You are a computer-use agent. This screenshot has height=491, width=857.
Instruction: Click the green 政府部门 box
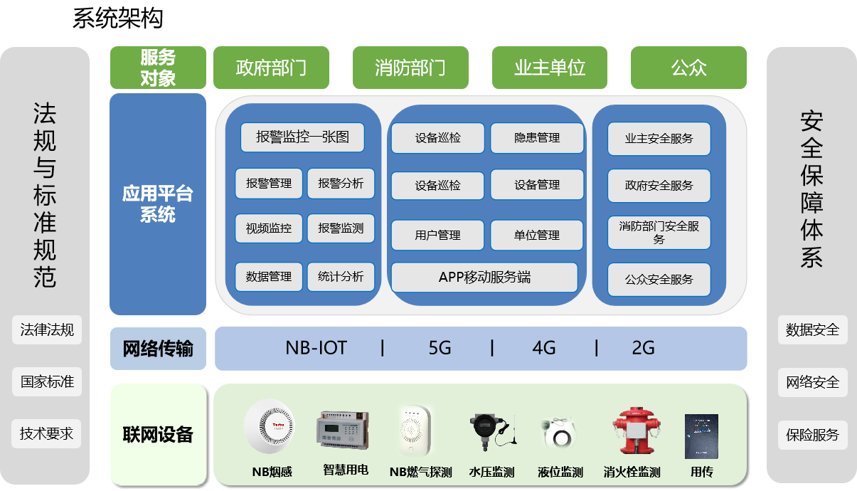[x=271, y=68]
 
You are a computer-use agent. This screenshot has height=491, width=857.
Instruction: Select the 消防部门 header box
[x=410, y=68]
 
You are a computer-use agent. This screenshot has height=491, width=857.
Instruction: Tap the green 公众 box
[x=688, y=68]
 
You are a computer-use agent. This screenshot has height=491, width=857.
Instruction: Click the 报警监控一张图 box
[x=303, y=137]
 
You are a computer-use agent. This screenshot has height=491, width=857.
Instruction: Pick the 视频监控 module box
[x=269, y=228]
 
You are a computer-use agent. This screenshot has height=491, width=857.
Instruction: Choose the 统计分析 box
[x=341, y=276]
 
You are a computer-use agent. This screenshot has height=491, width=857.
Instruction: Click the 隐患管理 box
[x=537, y=138]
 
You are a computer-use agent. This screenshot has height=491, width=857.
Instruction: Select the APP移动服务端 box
[x=484, y=277]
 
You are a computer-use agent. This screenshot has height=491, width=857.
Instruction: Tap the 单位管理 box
[x=537, y=235]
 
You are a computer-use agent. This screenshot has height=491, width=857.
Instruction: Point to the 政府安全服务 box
[x=659, y=186]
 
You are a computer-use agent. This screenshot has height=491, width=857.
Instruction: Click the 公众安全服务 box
[x=659, y=280]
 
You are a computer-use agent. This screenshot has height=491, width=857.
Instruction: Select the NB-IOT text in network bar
[x=316, y=348]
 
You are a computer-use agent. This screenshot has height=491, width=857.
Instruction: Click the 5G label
[x=440, y=348]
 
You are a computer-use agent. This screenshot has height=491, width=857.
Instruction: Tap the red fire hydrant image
[x=632, y=431]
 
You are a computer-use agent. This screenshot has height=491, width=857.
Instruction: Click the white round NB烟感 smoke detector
[x=268, y=427]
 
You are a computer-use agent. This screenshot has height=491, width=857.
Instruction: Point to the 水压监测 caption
[x=491, y=472]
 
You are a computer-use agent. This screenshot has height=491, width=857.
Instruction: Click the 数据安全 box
[x=812, y=330]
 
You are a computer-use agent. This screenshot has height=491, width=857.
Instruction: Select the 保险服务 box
[x=812, y=434]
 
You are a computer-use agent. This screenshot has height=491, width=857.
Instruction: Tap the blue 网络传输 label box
[x=158, y=349]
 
